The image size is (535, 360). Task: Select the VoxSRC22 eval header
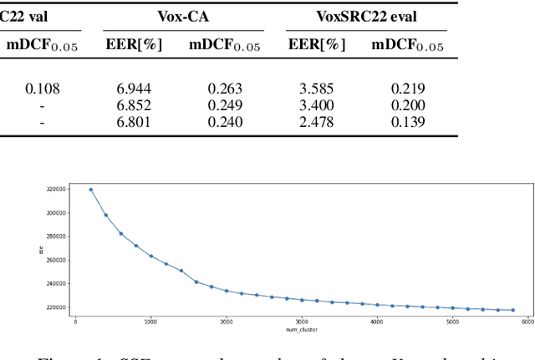[x=367, y=16]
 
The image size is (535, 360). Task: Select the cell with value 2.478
[x=317, y=121]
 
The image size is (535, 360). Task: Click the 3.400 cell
[x=317, y=105]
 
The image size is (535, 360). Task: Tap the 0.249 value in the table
[x=224, y=105]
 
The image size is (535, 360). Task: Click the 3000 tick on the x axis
[x=302, y=321]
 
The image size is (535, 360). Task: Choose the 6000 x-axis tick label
[x=527, y=321]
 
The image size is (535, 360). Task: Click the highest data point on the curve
[x=90, y=190]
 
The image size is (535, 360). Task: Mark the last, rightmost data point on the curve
[x=512, y=310]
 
